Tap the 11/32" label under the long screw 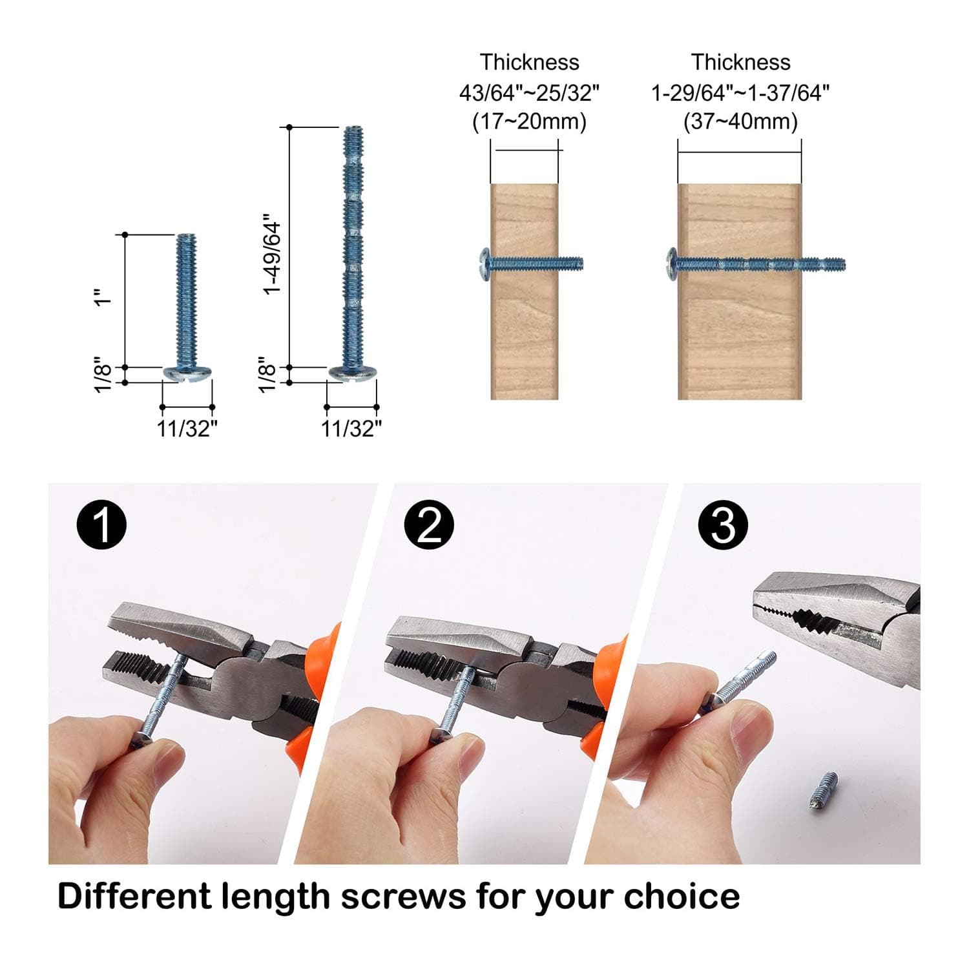pos(352,428)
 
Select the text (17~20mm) pos(529,121)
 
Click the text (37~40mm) pos(740,121)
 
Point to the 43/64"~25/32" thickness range pos(529,93)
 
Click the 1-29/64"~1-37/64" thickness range pos(740,93)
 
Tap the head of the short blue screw pos(187,373)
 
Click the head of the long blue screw pos(352,373)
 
